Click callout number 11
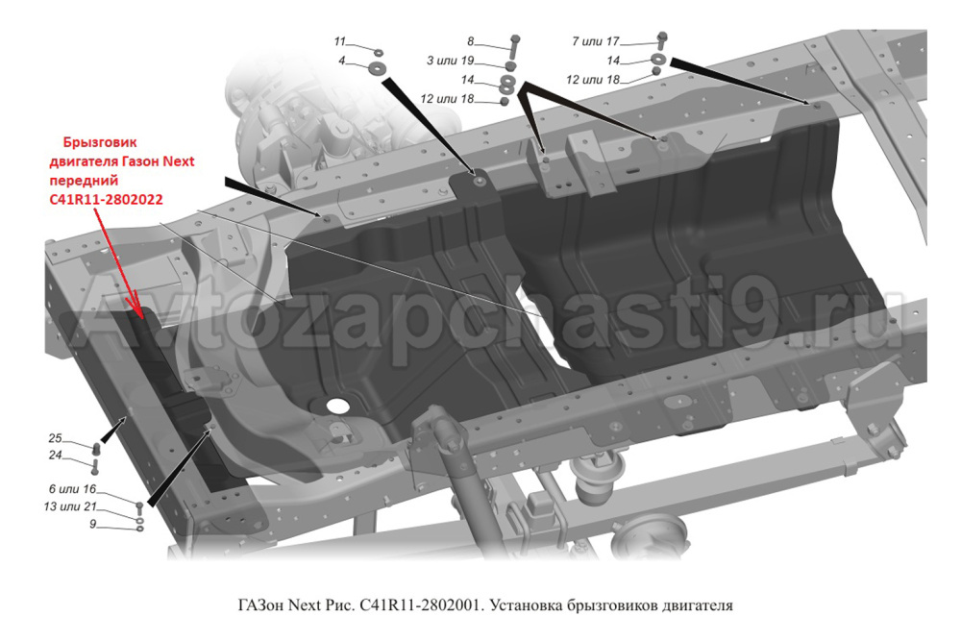(x=340, y=41)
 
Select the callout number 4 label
(x=342, y=62)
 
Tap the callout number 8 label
(x=471, y=41)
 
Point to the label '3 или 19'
(x=451, y=61)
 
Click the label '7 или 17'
(x=596, y=41)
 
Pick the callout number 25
(x=55, y=438)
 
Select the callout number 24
(x=55, y=456)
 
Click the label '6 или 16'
(x=72, y=489)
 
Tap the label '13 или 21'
(x=70, y=506)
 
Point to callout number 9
(x=93, y=525)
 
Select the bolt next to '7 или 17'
(x=662, y=40)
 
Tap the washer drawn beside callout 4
(x=377, y=66)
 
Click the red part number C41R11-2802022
(x=106, y=200)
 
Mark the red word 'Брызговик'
(x=100, y=143)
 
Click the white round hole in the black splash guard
(x=335, y=405)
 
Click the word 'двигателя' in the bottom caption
(x=698, y=606)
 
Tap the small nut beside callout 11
(x=378, y=53)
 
